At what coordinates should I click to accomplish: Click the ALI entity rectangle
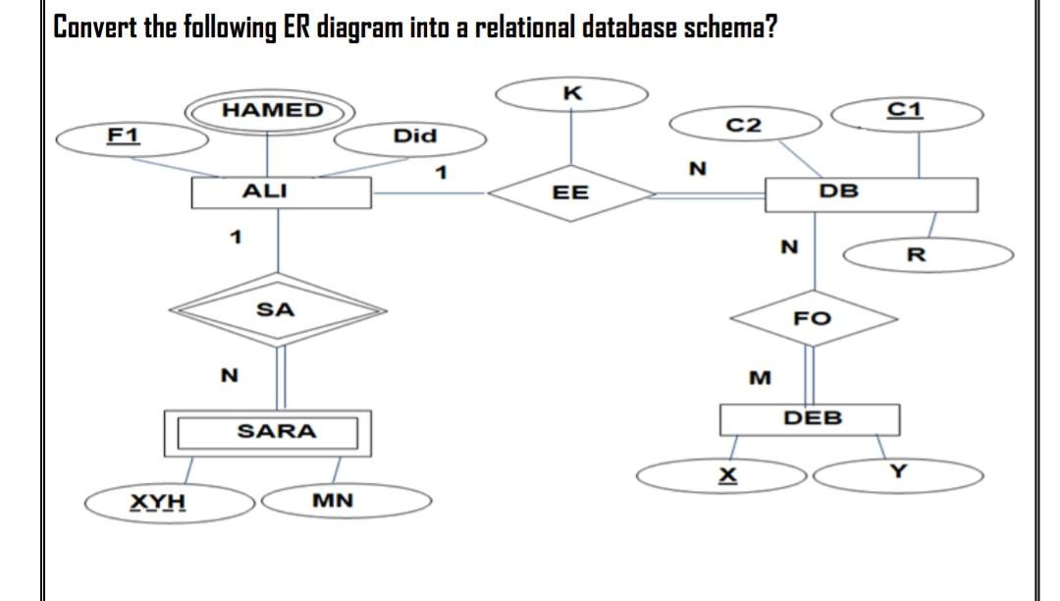(x=282, y=192)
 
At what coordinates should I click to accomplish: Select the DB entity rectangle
(x=871, y=193)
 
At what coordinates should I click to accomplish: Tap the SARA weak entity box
(x=267, y=432)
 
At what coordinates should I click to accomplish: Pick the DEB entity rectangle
(x=811, y=420)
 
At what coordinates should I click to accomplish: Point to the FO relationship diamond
(x=814, y=317)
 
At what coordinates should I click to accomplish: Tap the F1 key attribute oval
(x=132, y=137)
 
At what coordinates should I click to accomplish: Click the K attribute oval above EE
(x=573, y=94)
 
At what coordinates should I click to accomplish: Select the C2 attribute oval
(x=743, y=125)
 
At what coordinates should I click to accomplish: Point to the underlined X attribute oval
(x=725, y=475)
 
